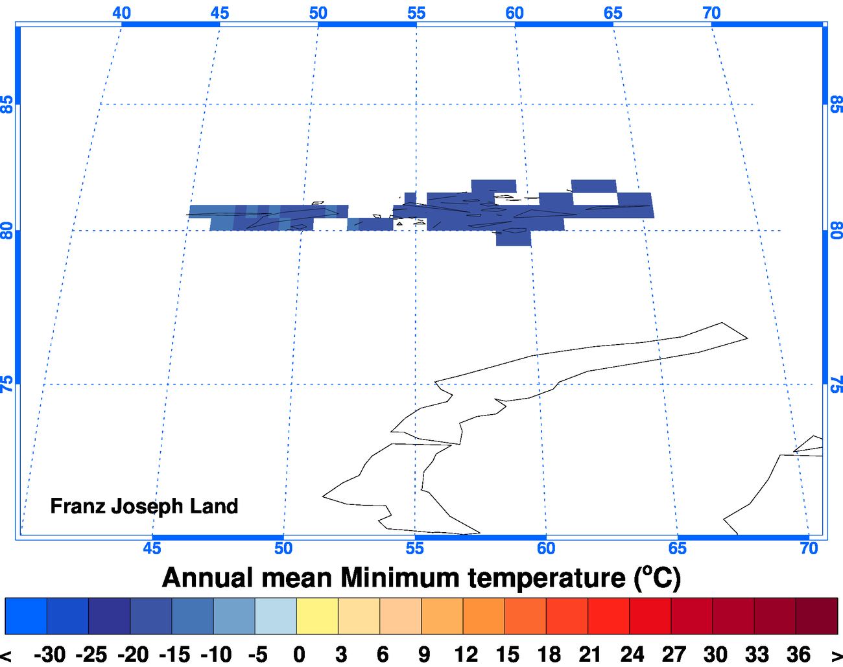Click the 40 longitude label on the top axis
click(x=121, y=13)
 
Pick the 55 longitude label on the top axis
click(x=416, y=13)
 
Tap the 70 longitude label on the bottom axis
click(x=809, y=548)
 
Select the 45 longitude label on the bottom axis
click(x=152, y=548)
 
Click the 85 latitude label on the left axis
click(x=7, y=104)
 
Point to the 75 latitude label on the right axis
click(x=836, y=384)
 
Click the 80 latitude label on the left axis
click(x=7, y=231)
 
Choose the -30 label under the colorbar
click(x=50, y=655)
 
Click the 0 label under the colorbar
click(x=298, y=655)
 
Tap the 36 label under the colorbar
click(x=798, y=655)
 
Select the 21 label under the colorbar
click(x=589, y=655)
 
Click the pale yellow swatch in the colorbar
click(x=317, y=616)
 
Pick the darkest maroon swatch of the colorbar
click(x=816, y=616)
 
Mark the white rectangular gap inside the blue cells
click(x=595, y=198)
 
